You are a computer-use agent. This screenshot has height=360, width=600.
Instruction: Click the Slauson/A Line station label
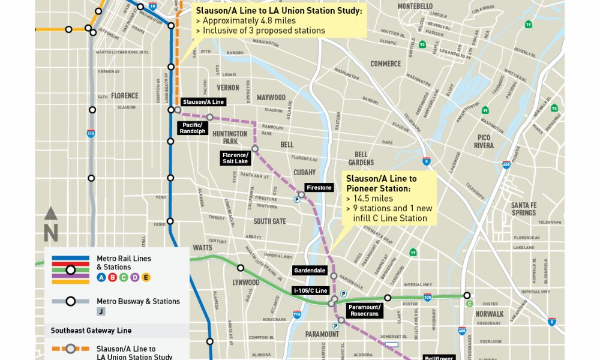pos(203,102)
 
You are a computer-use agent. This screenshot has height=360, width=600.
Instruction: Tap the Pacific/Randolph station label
pos(192,127)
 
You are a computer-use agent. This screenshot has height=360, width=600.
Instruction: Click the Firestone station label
pos(319,188)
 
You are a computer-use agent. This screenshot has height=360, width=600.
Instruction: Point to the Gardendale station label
pos(310,271)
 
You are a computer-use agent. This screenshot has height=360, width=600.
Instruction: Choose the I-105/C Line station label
pos(310,290)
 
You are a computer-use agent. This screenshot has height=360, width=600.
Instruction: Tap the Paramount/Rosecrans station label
pos(364,310)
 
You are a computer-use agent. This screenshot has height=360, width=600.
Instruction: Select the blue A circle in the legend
pos(101,277)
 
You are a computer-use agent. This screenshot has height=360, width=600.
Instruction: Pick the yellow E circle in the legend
pos(146,277)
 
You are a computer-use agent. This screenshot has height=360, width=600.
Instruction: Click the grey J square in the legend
pos(101,311)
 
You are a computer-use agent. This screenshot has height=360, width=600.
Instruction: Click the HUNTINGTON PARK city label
pos(230,137)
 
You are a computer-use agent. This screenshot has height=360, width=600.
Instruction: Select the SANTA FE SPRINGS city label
pos(524,209)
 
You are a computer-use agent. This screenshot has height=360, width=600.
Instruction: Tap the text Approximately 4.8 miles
pos(241,20)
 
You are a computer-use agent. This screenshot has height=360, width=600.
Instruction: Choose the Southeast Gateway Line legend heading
pos(91,331)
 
